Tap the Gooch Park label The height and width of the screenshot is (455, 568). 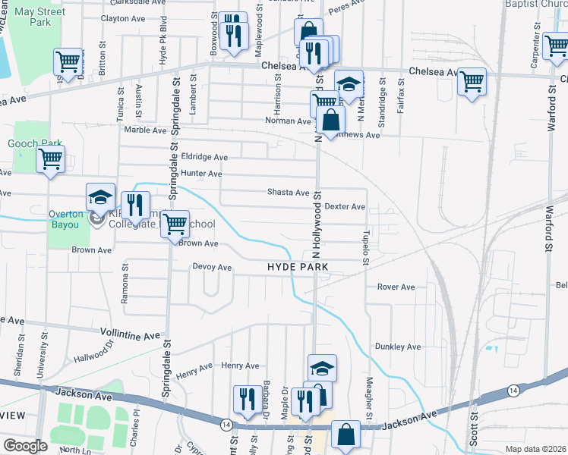[34, 143]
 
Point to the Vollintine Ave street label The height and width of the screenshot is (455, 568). [131, 333]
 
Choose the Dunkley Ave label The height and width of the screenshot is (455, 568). [396, 347]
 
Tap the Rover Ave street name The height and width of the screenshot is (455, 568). [396, 287]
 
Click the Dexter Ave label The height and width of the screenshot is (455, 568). [345, 206]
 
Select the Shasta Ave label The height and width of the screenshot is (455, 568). [288, 193]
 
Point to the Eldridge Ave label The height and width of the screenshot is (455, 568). [204, 157]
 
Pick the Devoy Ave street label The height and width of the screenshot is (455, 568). [212, 267]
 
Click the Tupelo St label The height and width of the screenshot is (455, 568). [366, 248]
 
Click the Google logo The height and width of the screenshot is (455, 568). [25, 446]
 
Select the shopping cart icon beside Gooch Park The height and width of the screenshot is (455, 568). [50, 160]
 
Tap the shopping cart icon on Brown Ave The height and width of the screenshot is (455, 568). [175, 224]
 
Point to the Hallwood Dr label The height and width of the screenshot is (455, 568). [93, 351]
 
